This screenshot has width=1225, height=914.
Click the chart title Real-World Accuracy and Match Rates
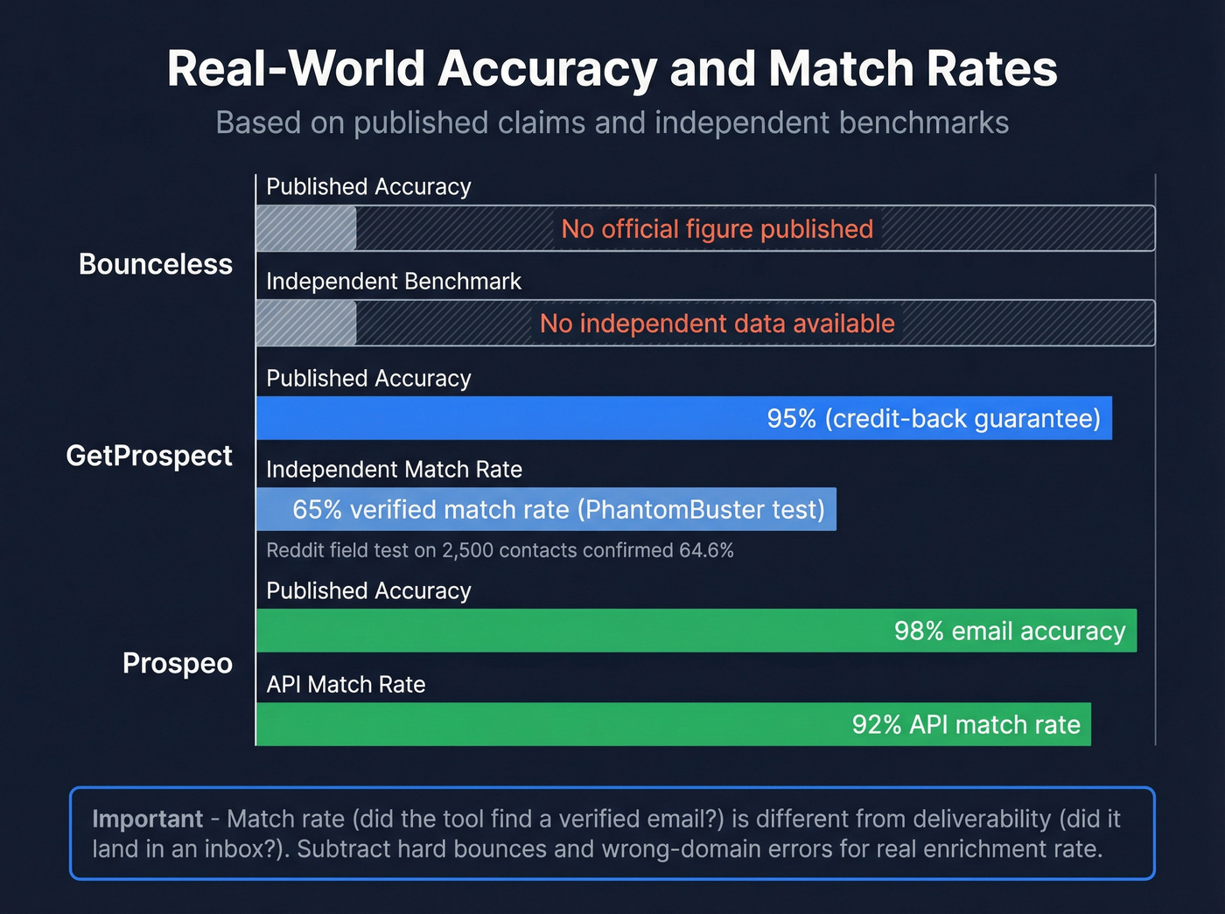pyautogui.click(x=612, y=68)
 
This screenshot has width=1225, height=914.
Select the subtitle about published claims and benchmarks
pyautogui.click(x=612, y=122)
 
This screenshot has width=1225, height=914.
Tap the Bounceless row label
pyautogui.click(x=156, y=264)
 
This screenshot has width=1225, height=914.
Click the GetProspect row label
pyautogui.click(x=149, y=456)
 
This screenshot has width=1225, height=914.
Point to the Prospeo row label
pyautogui.click(x=177, y=663)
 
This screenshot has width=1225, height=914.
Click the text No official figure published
pyautogui.click(x=717, y=229)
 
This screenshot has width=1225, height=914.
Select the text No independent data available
pyautogui.click(x=717, y=324)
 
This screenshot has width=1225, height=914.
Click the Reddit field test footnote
pyautogui.click(x=500, y=550)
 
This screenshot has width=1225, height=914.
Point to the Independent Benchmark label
pyautogui.click(x=393, y=282)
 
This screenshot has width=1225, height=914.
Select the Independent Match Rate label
pyautogui.click(x=394, y=470)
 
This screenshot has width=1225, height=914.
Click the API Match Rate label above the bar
pyautogui.click(x=346, y=685)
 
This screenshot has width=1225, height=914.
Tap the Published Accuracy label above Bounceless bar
pyautogui.click(x=368, y=187)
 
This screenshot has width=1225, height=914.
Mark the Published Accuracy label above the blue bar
pyautogui.click(x=368, y=379)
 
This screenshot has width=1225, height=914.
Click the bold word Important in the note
pyautogui.click(x=147, y=819)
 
